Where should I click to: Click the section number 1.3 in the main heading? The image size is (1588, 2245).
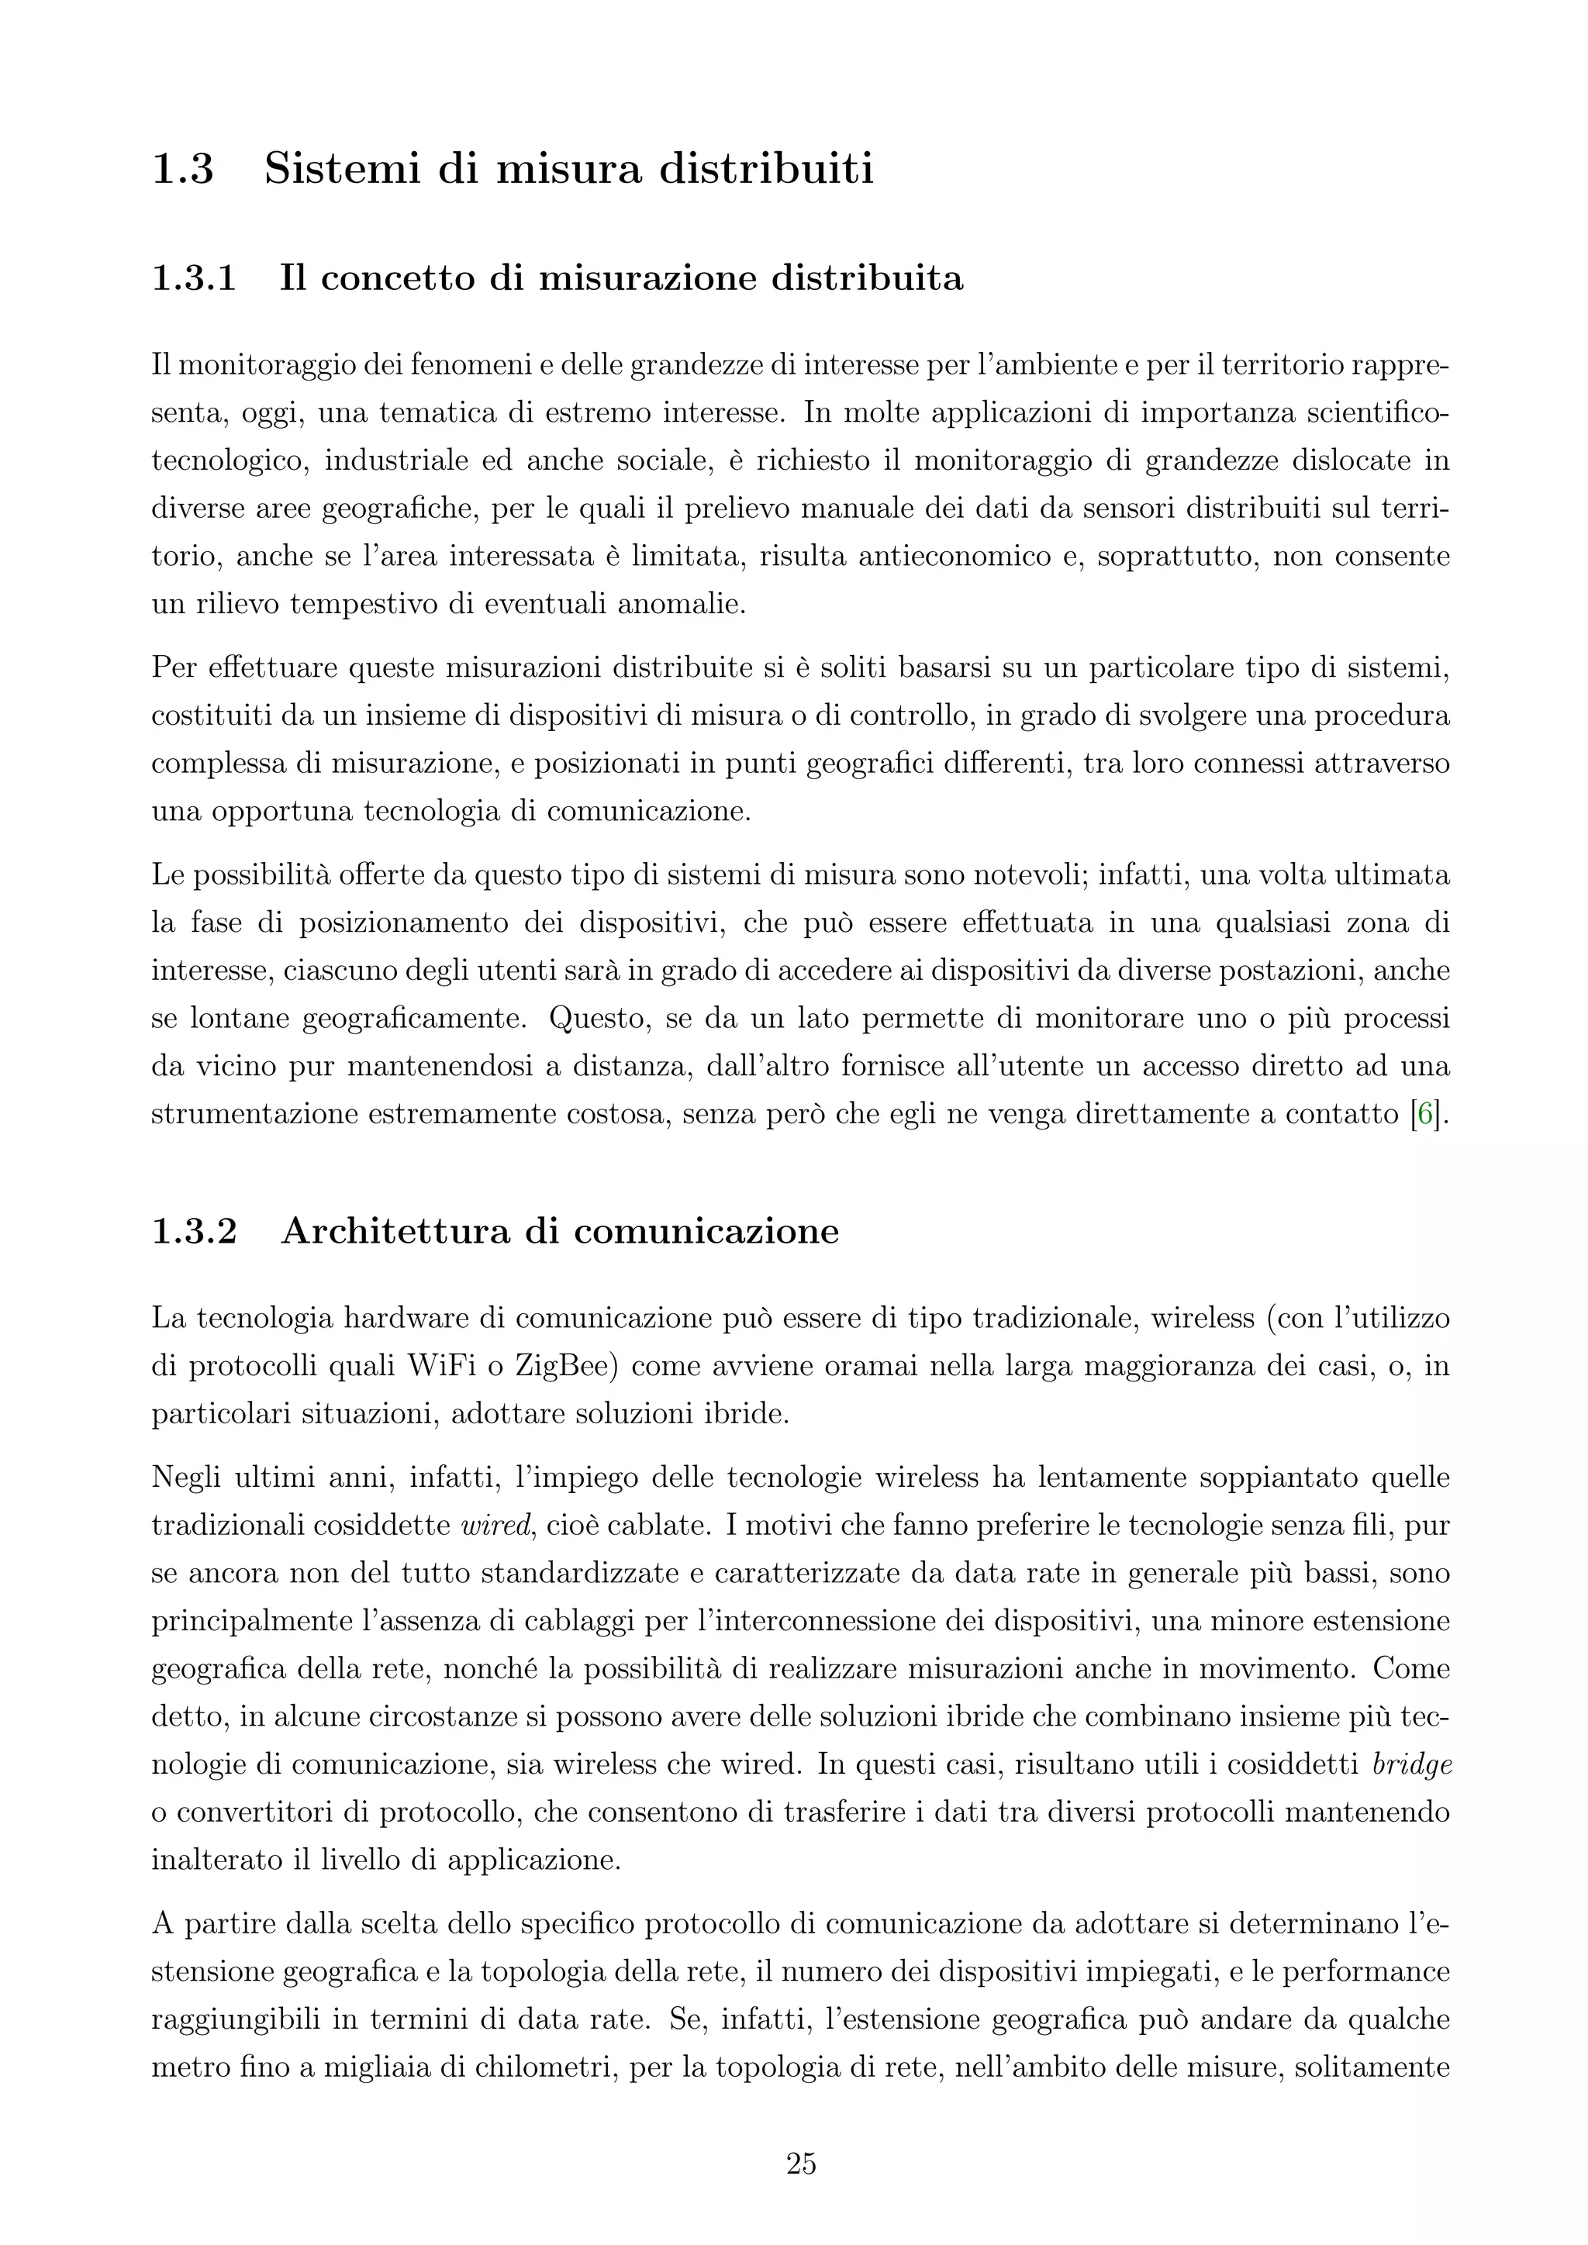tap(183, 169)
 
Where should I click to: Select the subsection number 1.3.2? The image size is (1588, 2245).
tap(194, 1231)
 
